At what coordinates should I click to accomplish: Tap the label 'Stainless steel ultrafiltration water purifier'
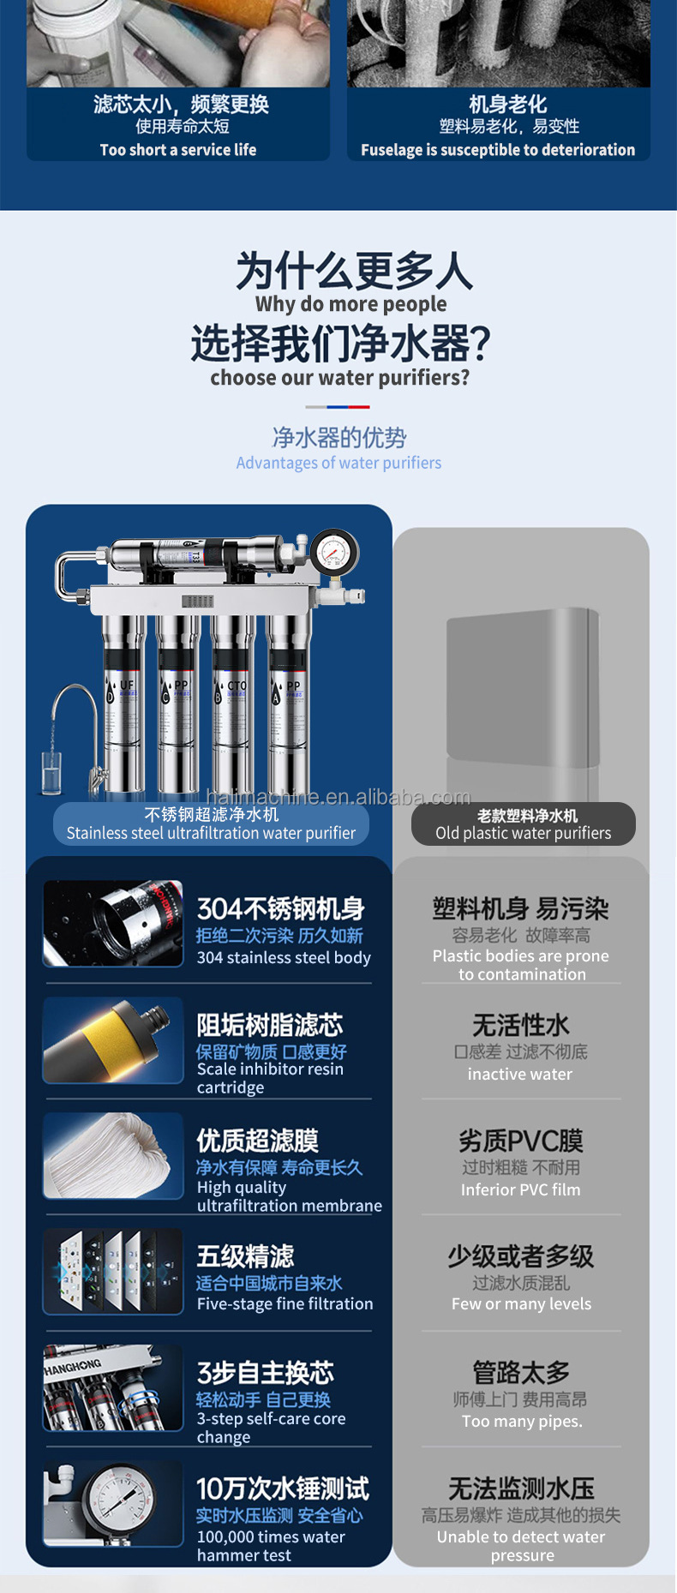point(211,832)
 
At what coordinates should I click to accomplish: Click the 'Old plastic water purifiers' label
point(523,832)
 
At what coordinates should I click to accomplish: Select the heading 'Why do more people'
point(350,304)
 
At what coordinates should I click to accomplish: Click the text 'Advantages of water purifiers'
point(338,463)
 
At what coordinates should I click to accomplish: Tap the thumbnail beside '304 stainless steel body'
point(113,924)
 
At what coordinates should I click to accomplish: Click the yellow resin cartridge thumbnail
point(113,1039)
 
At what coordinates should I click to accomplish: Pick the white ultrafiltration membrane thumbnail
point(113,1155)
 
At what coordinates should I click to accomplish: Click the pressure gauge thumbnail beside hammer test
point(113,1503)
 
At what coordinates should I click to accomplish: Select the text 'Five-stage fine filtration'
point(285,1303)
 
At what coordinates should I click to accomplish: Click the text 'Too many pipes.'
point(521,1421)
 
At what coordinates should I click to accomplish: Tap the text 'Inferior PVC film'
point(520,1189)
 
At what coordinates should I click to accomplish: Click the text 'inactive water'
point(519,1074)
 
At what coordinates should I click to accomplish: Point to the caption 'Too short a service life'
point(178,150)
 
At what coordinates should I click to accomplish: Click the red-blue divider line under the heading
point(338,407)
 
